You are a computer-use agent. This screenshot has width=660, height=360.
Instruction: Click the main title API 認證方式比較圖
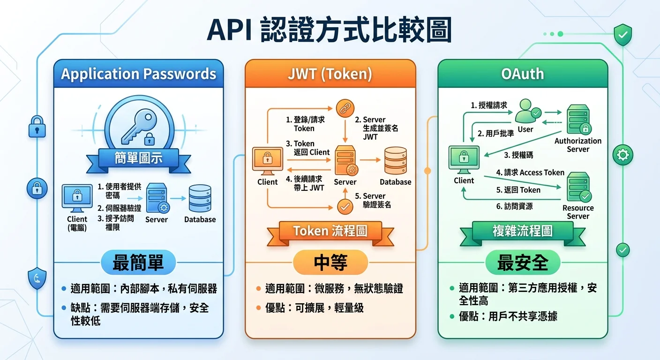[330, 31]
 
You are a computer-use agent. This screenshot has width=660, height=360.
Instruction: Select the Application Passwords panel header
[138, 74]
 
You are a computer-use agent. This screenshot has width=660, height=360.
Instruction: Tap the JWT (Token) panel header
[330, 74]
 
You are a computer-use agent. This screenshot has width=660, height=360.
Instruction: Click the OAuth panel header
[522, 74]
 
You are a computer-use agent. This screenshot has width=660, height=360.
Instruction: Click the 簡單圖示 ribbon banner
[138, 158]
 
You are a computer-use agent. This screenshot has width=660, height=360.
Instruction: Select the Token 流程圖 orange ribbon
[330, 231]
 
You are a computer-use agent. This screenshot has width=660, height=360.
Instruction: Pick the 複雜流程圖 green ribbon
[522, 231]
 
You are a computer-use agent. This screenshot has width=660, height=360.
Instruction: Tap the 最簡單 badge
[138, 263]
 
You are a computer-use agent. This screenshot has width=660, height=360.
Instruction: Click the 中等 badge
[330, 263]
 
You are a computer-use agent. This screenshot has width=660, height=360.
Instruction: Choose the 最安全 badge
[522, 263]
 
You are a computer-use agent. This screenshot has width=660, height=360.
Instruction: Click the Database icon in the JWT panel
[395, 161]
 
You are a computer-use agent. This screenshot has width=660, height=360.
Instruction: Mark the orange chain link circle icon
[345, 109]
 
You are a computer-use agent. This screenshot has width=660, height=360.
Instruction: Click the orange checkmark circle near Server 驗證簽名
[345, 206]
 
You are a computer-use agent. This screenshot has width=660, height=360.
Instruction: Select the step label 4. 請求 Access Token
[530, 172]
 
